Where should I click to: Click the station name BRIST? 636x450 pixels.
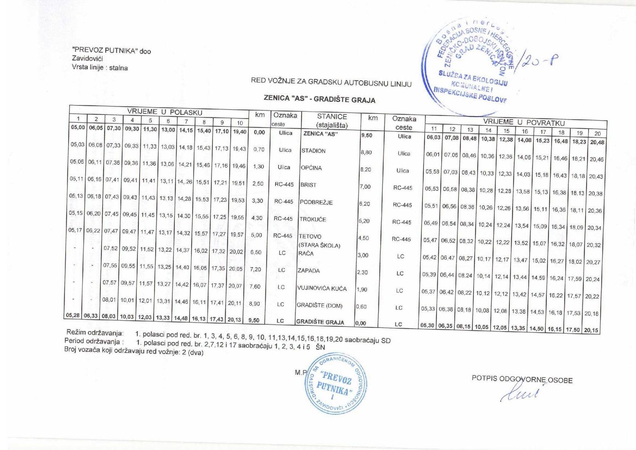(308, 185)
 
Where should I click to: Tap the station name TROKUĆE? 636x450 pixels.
(313, 219)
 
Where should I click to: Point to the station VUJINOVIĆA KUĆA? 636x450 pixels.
(322, 288)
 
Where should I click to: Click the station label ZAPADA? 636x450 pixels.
(309, 271)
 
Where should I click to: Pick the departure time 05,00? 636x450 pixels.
(78, 128)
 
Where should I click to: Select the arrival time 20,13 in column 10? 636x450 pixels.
(235, 320)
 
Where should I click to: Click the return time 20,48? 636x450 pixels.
(597, 142)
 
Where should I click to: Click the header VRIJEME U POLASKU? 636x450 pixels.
(164, 112)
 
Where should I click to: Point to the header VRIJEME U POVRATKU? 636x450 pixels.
(524, 122)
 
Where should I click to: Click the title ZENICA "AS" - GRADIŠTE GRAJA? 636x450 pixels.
(319, 99)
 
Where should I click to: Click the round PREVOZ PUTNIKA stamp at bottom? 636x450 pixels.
(335, 384)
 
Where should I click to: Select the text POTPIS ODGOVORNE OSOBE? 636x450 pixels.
(522, 379)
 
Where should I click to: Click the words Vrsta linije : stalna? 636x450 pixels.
(100, 68)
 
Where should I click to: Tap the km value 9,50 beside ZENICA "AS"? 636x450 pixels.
(367, 136)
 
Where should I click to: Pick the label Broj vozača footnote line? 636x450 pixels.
(133, 351)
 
